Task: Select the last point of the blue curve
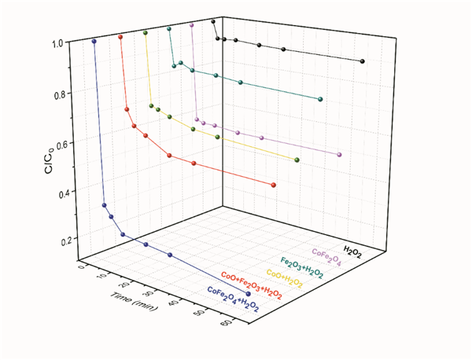pyautogui.click(x=249, y=294)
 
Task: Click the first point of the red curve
pyautogui.click(x=120, y=37)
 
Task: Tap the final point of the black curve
pyautogui.click(x=362, y=61)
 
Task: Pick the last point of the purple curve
pyautogui.click(x=339, y=154)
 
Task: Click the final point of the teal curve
pyautogui.click(x=319, y=99)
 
